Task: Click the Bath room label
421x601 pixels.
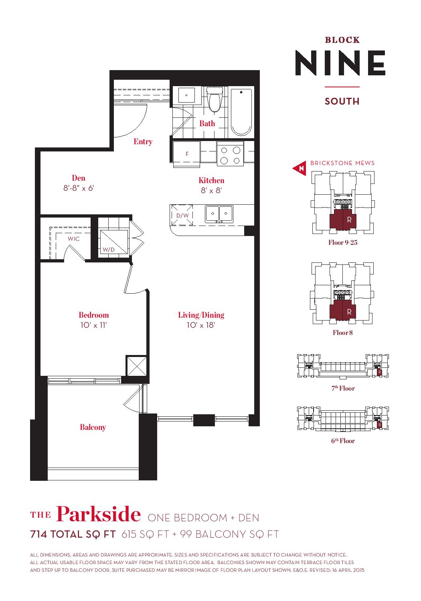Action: (207, 123)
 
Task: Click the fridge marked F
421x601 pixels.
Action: (187, 154)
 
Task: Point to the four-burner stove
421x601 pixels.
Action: (231, 155)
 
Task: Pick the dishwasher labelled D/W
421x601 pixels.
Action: (182, 215)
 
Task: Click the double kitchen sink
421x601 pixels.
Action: (219, 214)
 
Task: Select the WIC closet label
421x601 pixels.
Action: (73, 239)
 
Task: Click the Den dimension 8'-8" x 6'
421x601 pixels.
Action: (79, 188)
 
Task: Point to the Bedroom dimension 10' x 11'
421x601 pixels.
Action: (93, 325)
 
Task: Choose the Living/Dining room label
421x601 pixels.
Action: (201, 315)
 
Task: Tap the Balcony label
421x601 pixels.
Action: (93, 427)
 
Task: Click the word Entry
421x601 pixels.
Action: (143, 141)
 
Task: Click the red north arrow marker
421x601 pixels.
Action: (300, 169)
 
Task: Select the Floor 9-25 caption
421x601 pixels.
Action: (343, 242)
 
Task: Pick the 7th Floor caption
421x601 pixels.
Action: (343, 388)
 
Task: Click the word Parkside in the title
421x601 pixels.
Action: (98, 514)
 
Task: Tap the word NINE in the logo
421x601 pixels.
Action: (340, 63)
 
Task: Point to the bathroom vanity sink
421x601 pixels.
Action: (186, 95)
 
